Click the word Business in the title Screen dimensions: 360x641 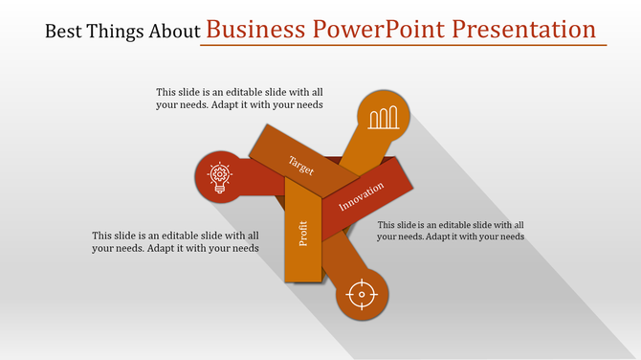coord(253,30)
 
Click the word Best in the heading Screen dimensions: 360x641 coord(63,32)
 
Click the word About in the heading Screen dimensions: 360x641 coord(172,32)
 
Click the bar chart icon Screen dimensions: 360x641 coord(384,118)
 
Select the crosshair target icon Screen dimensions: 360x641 coord(362,294)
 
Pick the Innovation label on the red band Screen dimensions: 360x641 coord(362,199)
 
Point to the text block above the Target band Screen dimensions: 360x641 coord(239,99)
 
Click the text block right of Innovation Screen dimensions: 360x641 coord(451,230)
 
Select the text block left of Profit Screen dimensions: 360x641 coord(175,241)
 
